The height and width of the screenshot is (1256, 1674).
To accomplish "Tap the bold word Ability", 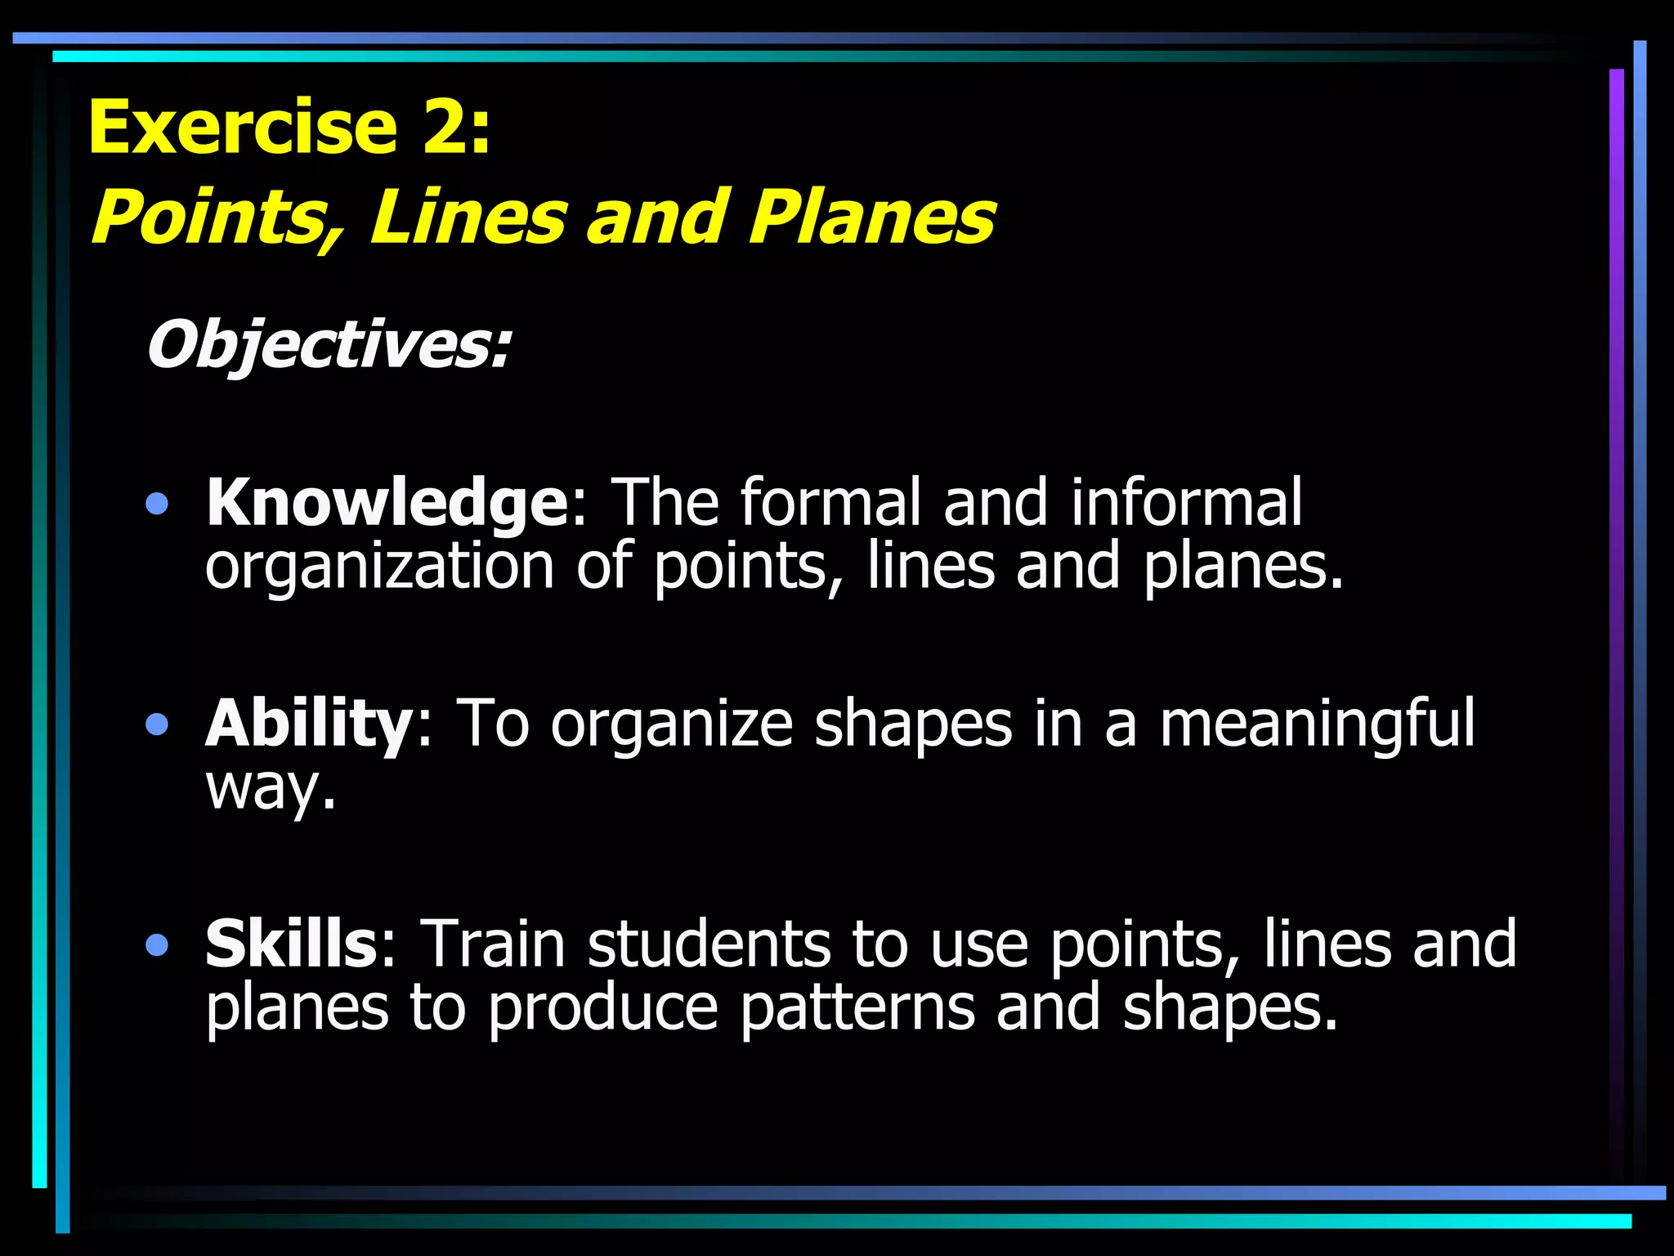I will coord(310,724).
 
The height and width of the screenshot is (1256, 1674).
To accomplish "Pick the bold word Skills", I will coord(291,945).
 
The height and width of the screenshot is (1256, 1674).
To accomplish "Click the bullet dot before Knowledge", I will coord(156,505).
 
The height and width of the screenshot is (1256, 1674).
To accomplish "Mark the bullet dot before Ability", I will coord(156,724).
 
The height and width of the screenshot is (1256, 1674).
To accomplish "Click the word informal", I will coord(1186,502).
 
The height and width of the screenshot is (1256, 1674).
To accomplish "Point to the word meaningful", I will coord(1317,724).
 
